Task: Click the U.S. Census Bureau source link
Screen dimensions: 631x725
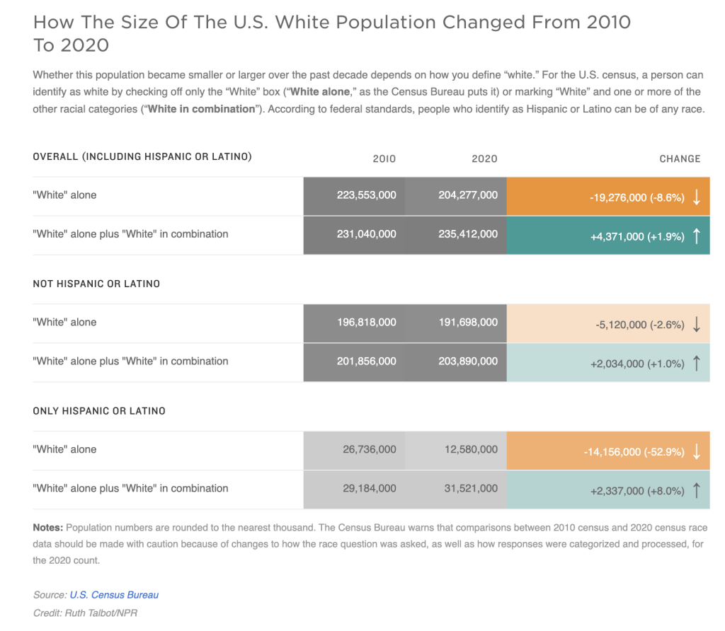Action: point(114,595)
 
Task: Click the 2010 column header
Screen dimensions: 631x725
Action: point(384,159)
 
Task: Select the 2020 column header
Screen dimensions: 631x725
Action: point(484,159)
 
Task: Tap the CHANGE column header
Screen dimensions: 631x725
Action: point(680,159)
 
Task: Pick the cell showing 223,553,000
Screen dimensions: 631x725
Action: point(367,195)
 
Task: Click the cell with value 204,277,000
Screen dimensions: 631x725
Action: point(468,195)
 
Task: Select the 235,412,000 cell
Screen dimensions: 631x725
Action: point(468,234)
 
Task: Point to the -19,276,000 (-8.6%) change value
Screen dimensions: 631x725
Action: point(636,198)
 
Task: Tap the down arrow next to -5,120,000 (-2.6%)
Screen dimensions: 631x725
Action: point(697,325)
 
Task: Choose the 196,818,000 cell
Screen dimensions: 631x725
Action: point(367,323)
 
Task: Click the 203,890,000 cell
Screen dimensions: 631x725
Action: point(468,361)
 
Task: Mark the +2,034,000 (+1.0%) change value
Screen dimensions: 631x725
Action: point(636,364)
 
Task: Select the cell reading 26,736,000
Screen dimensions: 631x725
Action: point(370,450)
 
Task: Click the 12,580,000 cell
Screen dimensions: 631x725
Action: point(471,450)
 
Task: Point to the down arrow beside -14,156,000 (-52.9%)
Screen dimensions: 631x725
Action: point(697,452)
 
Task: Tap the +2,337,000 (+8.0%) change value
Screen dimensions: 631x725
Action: point(636,491)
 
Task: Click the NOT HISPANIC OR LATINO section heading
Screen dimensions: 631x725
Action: point(96,284)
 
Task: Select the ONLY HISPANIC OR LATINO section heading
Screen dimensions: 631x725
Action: point(99,411)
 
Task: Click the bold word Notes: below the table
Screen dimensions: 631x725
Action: point(47,528)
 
